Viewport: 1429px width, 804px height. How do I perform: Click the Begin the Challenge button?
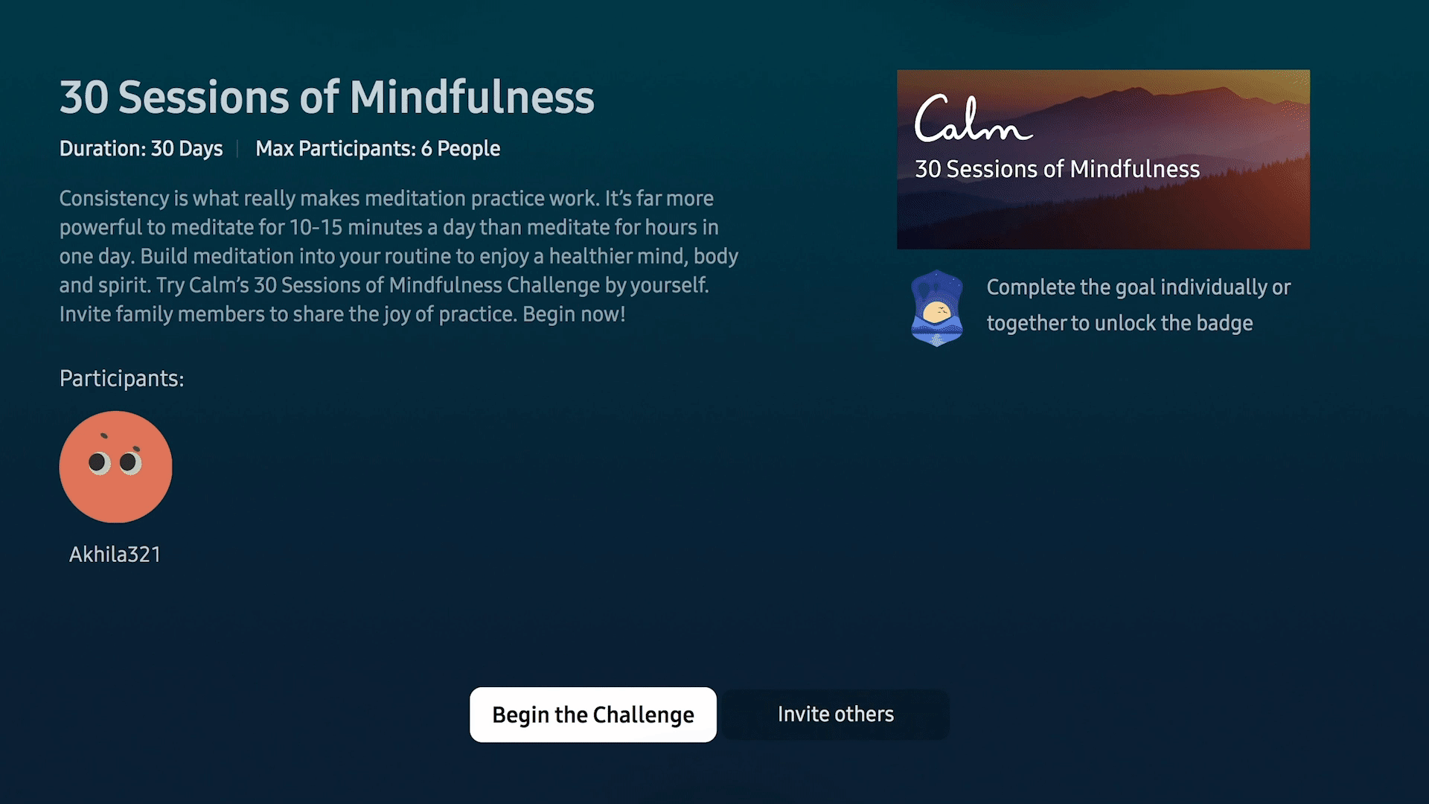593,715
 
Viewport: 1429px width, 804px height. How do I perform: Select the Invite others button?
836,715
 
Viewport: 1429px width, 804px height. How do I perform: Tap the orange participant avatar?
115,467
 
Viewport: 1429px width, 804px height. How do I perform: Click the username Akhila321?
115,555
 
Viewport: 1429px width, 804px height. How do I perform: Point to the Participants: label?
122,379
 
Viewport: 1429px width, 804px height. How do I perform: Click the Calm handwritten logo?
974,119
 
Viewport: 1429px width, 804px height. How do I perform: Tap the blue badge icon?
937,307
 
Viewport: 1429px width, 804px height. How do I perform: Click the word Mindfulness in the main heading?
472,98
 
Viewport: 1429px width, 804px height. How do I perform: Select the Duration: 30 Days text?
141,149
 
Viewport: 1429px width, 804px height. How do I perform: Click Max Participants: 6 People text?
378,149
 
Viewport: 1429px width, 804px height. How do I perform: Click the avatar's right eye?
130,462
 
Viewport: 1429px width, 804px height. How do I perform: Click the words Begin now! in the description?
574,314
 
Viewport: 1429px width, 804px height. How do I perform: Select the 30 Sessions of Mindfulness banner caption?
1057,169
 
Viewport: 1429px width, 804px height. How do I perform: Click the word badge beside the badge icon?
1224,323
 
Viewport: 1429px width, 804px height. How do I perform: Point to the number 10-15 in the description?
316,228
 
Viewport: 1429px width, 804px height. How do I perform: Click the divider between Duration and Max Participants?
237,149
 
